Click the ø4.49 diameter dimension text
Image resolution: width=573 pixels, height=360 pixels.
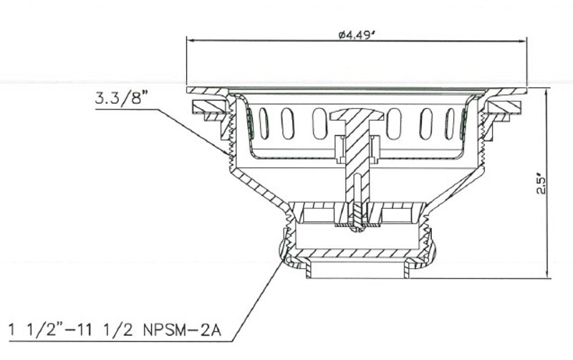point(357,34)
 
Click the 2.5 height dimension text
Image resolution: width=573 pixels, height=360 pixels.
point(541,185)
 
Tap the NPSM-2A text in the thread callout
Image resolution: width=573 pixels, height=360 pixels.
point(182,331)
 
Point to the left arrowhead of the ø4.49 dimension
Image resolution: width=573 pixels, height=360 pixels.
point(191,41)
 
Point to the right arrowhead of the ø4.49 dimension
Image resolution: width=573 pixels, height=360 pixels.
point(522,42)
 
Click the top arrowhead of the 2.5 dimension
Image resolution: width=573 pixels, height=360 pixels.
point(546,93)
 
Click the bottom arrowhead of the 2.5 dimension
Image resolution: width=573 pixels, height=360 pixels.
point(547,274)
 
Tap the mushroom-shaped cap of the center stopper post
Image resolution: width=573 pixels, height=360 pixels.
point(357,115)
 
